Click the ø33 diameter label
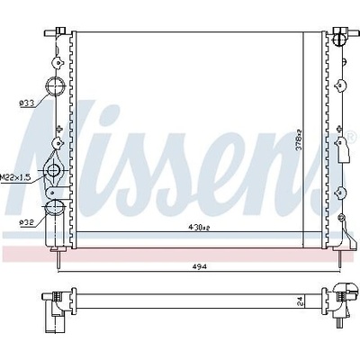26,103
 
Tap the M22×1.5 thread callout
15,177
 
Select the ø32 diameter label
26,222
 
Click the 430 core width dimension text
199,228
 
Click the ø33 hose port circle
56,86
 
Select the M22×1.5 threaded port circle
53,170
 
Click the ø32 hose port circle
55,206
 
